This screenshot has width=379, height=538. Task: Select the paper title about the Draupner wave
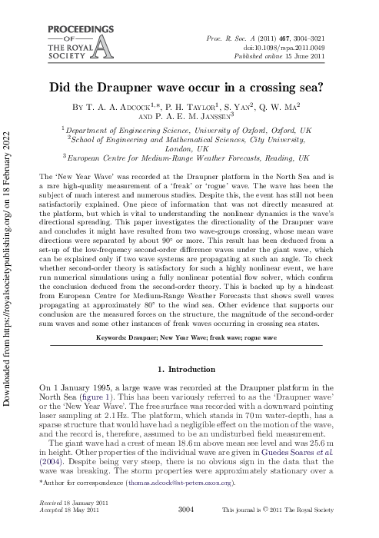(189, 88)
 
